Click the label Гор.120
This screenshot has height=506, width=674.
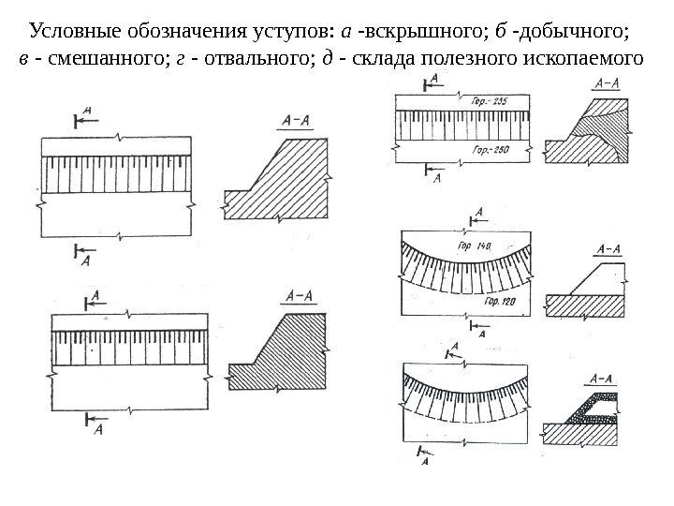(x=502, y=302)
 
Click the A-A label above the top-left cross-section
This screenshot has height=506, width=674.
(x=299, y=121)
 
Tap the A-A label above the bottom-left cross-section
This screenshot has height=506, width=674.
(x=299, y=298)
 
